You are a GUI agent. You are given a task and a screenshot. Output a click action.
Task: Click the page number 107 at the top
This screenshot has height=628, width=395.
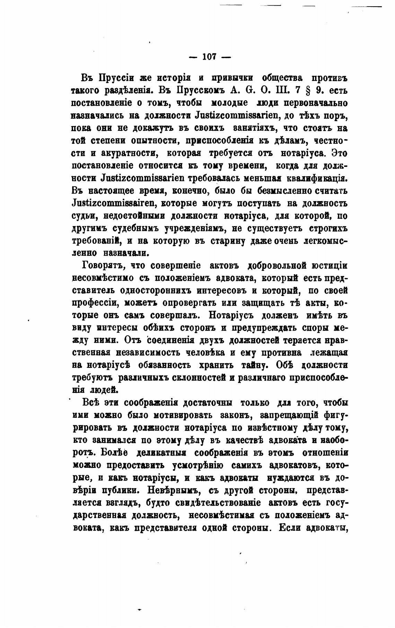coord(209,57)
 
